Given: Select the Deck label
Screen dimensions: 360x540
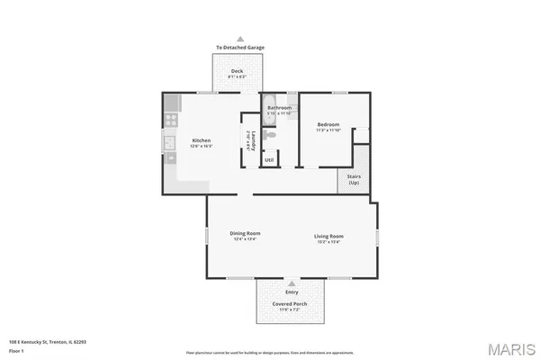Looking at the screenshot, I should point(237,71).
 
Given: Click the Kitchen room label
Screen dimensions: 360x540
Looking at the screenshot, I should point(202,140).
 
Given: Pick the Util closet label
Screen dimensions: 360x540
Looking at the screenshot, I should point(269,160).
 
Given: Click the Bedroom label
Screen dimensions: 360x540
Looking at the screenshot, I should point(327,124).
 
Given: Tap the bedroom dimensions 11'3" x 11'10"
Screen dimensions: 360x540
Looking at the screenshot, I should point(327,130).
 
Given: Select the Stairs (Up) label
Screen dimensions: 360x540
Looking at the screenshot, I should point(354,178).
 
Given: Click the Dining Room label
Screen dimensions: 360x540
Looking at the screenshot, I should point(246,234).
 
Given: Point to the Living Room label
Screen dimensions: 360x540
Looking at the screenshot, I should point(328,236).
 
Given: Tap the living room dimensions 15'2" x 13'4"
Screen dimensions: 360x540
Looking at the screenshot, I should point(328,241).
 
